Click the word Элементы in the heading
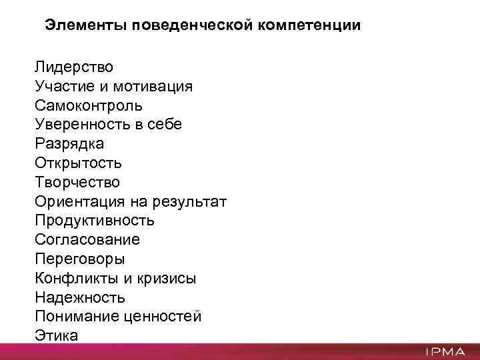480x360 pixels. tap(85, 26)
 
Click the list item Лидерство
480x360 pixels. tap(74, 67)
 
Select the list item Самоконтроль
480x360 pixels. tap(88, 105)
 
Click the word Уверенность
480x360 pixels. tap(81, 125)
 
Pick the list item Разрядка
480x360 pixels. tap(69, 143)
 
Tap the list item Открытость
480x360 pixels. tap(78, 163)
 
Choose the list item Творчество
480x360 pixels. tap(77, 182)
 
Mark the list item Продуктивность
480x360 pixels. tap(95, 220)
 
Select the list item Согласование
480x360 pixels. tap(87, 239)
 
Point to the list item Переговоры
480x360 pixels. tap(79, 259)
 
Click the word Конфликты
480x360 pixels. tap(76, 278)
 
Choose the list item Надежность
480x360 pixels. tap(79, 297)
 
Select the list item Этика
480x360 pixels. tap(56, 335)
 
